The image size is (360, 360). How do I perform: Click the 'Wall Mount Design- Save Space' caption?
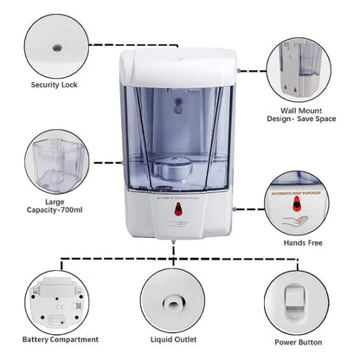(304, 117)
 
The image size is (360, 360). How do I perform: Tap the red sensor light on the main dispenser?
(179, 209)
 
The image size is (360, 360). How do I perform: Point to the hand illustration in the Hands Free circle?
(301, 223)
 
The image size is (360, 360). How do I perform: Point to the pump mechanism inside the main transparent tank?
(179, 165)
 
